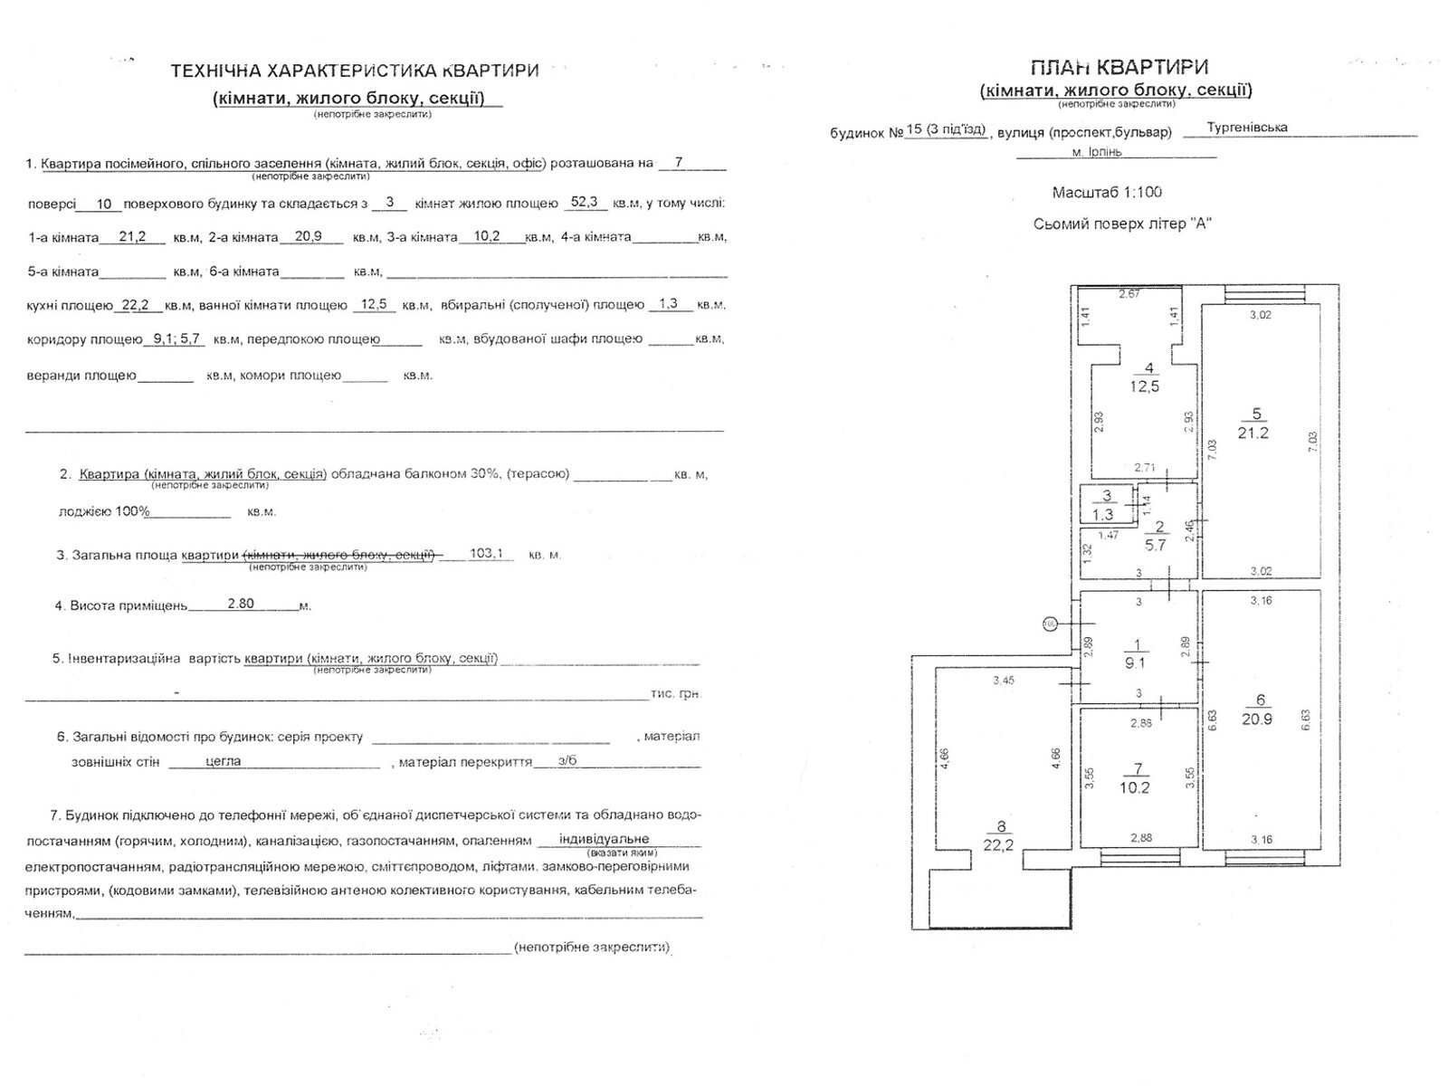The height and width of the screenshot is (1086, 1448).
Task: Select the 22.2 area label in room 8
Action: click(x=1001, y=845)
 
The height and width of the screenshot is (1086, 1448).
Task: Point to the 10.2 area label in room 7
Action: click(x=1138, y=787)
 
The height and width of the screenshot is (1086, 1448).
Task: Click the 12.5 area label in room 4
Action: click(x=1144, y=386)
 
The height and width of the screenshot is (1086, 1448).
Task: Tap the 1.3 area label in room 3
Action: click(x=1102, y=514)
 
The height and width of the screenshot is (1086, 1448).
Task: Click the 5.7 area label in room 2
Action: click(x=1155, y=546)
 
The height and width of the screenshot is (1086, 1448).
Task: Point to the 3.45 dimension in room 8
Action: click(x=1002, y=681)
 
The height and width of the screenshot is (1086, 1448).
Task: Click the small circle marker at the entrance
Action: click(x=1050, y=624)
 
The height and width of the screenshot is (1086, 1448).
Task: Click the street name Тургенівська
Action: click(x=1246, y=129)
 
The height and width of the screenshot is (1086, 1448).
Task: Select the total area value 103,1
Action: click(x=487, y=553)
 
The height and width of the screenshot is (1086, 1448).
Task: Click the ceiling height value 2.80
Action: click(x=241, y=604)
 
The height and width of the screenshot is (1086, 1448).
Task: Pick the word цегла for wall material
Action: click(x=223, y=761)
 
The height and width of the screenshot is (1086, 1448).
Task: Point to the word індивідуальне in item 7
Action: click(x=604, y=839)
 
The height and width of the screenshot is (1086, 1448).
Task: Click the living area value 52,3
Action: click(x=585, y=203)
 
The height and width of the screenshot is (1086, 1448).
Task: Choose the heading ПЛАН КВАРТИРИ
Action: click(x=1119, y=67)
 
